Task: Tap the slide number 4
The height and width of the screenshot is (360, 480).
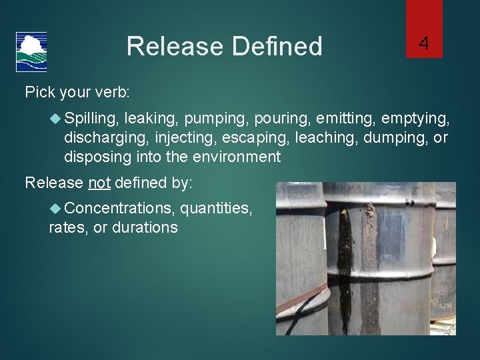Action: point(423,45)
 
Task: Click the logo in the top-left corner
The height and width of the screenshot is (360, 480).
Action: point(31,51)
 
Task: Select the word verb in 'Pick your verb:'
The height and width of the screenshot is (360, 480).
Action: point(111,92)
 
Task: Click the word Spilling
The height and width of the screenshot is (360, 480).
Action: point(92,119)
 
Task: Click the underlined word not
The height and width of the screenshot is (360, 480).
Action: point(99,182)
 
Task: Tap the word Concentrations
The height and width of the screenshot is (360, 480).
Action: point(119,209)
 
